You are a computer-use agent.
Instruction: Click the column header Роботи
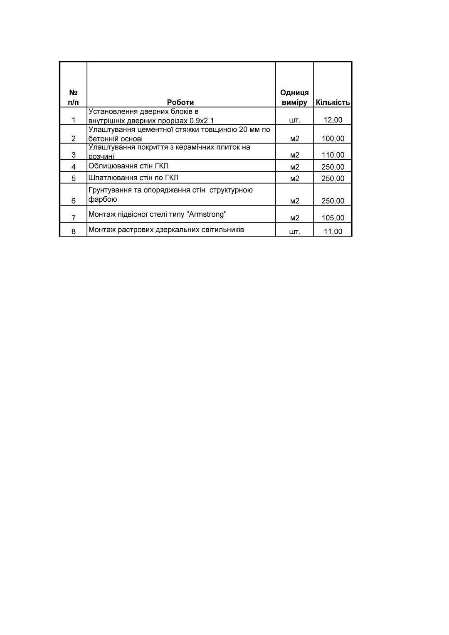(180, 102)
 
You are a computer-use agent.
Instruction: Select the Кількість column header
(333, 102)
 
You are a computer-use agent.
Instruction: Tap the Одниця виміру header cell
(294, 97)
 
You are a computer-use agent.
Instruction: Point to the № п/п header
(73, 97)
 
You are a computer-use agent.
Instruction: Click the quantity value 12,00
(333, 120)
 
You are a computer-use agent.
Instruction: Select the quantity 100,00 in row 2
(333, 138)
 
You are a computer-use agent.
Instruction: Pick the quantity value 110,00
(333, 155)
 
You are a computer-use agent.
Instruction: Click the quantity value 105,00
(333, 218)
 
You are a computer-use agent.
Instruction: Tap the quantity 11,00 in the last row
(333, 232)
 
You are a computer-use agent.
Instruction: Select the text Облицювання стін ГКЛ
(128, 166)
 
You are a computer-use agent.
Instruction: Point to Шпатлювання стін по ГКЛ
(133, 178)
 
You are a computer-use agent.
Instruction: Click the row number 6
(74, 201)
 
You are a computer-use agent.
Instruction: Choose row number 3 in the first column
(74, 155)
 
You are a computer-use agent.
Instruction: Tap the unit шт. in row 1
(294, 120)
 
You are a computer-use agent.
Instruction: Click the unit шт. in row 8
(294, 232)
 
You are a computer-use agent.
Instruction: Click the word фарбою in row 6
(102, 199)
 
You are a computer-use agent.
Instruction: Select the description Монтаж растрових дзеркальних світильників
(166, 230)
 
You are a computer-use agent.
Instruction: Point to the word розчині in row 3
(101, 157)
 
